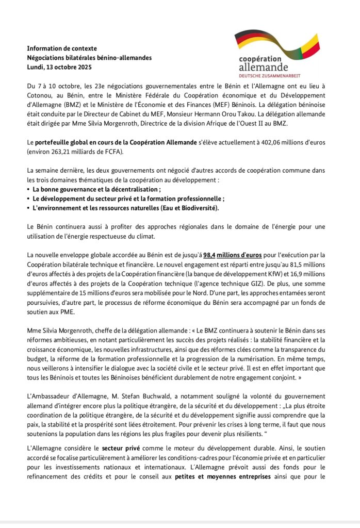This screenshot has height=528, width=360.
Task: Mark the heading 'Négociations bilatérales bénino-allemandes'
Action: (x=89, y=57)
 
